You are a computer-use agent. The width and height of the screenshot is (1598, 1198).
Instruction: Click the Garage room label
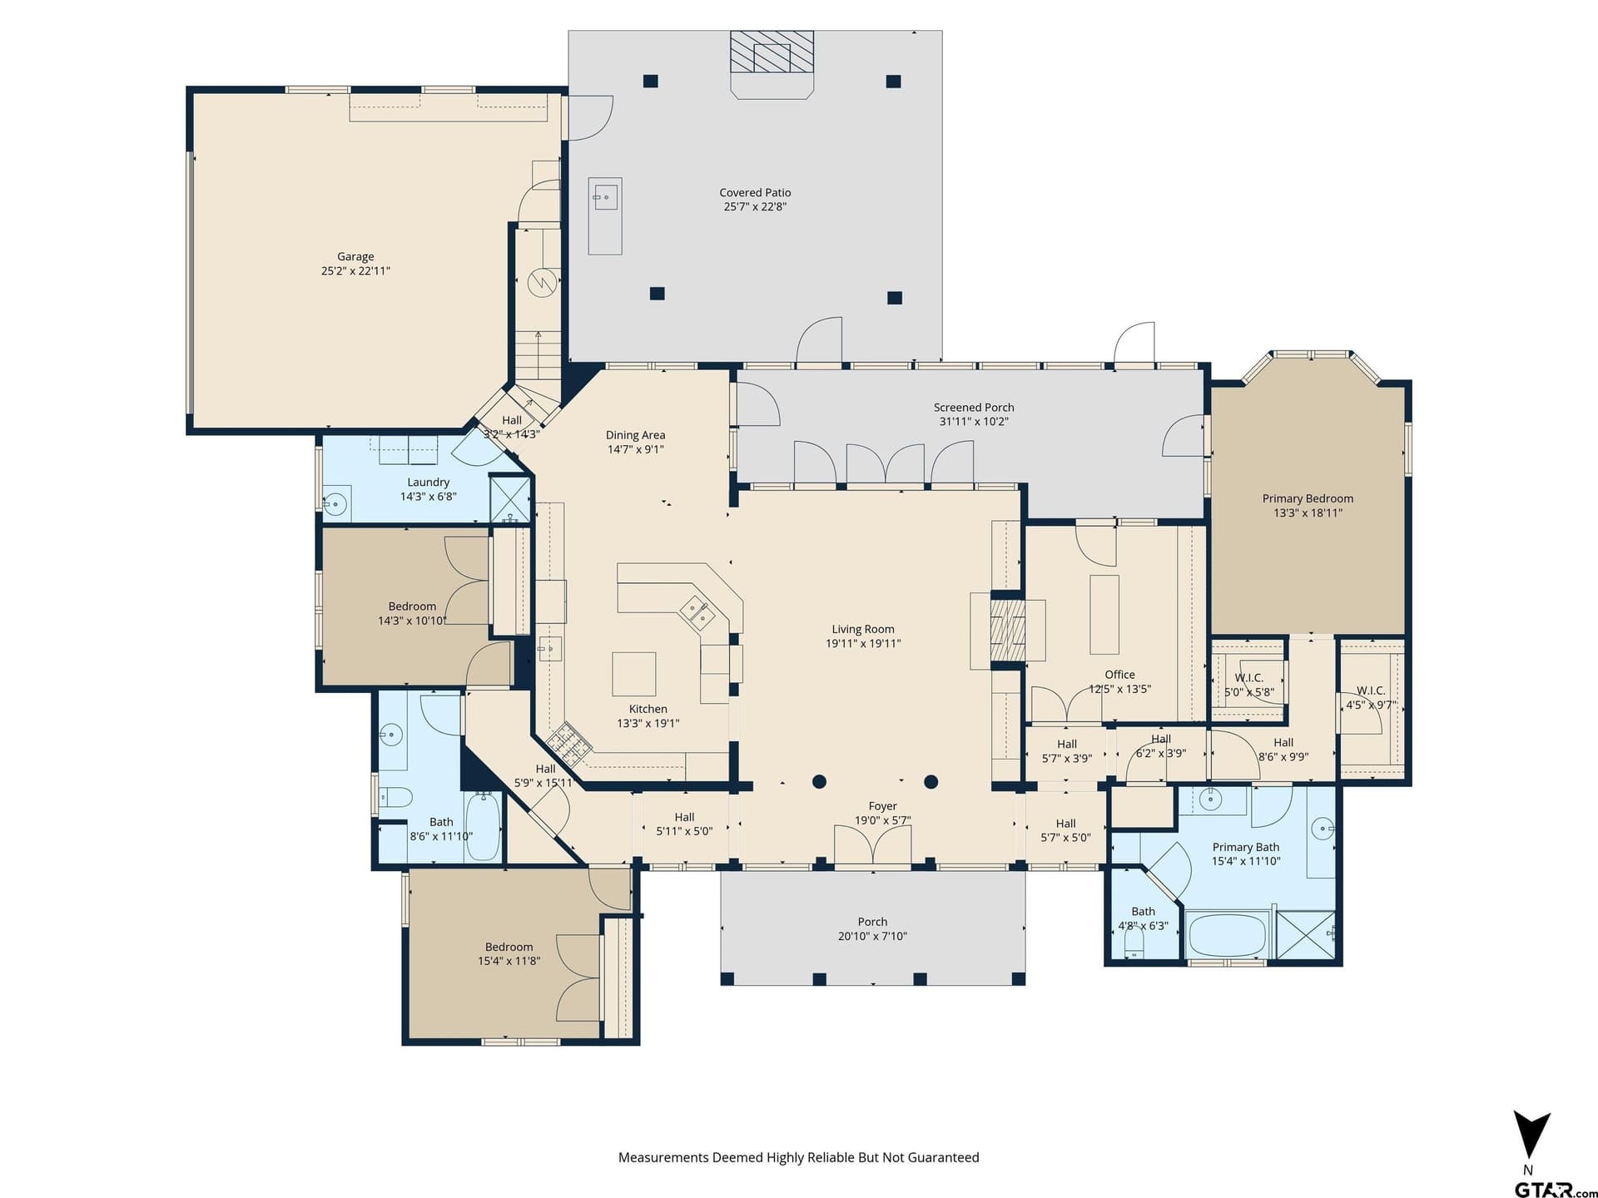pyautogui.click(x=355, y=257)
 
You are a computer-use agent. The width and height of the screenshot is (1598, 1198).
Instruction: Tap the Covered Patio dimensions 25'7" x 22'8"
pyautogui.click(x=755, y=206)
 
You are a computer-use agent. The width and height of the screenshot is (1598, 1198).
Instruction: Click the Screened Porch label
pyautogui.click(x=974, y=408)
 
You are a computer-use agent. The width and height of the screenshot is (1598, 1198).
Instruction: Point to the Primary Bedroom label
pyautogui.click(x=1308, y=498)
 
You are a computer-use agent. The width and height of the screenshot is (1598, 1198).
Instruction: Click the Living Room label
pyautogui.click(x=863, y=629)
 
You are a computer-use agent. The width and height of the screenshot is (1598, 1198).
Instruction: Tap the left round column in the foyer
pyautogui.click(x=819, y=781)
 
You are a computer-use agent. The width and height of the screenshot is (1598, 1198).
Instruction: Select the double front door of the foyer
pyautogui.click(x=873, y=846)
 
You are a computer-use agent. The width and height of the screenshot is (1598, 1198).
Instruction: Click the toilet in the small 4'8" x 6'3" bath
pyautogui.click(x=1134, y=942)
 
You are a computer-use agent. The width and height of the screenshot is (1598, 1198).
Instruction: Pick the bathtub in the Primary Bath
pyautogui.click(x=1228, y=935)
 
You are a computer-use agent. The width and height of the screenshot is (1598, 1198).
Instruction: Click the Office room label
pyautogui.click(x=1119, y=675)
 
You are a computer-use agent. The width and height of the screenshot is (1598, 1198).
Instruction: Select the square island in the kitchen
pyautogui.click(x=634, y=674)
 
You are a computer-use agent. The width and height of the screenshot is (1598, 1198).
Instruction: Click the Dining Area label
pyautogui.click(x=635, y=435)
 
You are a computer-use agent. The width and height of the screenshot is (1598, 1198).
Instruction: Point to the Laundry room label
pyautogui.click(x=429, y=483)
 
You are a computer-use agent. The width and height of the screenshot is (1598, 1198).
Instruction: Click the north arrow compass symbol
pyautogui.click(x=1531, y=1136)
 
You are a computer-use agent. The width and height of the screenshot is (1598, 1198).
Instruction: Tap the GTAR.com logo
pyautogui.click(x=1556, y=1191)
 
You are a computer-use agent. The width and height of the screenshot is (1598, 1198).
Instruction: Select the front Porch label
pyautogui.click(x=872, y=922)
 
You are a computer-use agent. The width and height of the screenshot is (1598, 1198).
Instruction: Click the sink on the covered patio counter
pyautogui.click(x=605, y=197)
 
